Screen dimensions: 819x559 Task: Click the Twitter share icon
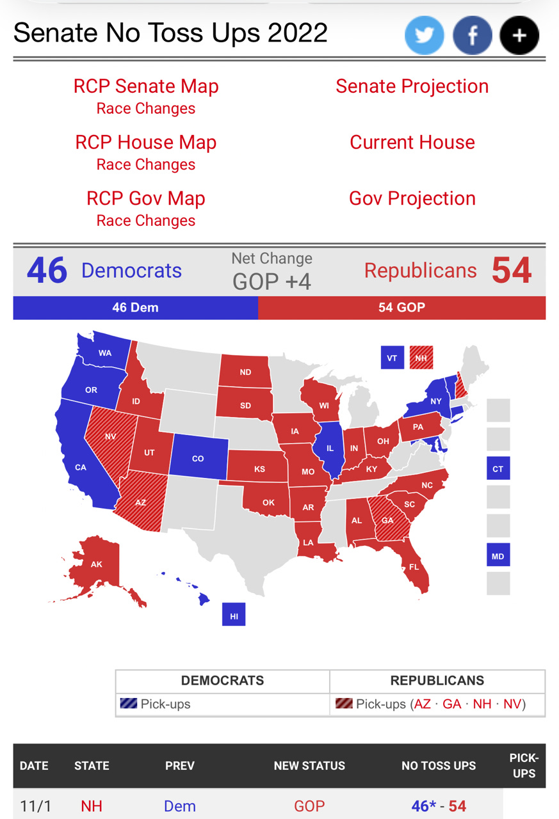pos(424,35)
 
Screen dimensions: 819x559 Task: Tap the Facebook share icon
pos(472,35)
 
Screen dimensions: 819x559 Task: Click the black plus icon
pos(519,35)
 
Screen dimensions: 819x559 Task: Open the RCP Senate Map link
pos(146,86)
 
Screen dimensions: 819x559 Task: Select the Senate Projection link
pos(412,86)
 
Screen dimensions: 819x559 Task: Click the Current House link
pos(412,142)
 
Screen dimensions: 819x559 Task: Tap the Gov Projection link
pos(412,198)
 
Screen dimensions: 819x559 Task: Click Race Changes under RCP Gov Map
pos(146,221)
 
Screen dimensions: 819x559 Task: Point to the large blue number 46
pos(47,271)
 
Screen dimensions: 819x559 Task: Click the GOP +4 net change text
pos(271,282)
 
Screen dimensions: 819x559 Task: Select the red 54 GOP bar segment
pos(401,308)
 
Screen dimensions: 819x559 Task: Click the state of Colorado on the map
pos(198,457)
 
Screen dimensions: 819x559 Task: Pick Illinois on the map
pos(330,449)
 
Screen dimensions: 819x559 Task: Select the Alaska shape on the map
pos(96,565)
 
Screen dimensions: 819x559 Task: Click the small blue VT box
pos(392,358)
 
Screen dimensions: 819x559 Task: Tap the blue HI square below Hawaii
pos(234,616)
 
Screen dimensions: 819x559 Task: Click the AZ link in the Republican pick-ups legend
pos(422,704)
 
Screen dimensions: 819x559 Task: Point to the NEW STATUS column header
pos(309,766)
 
